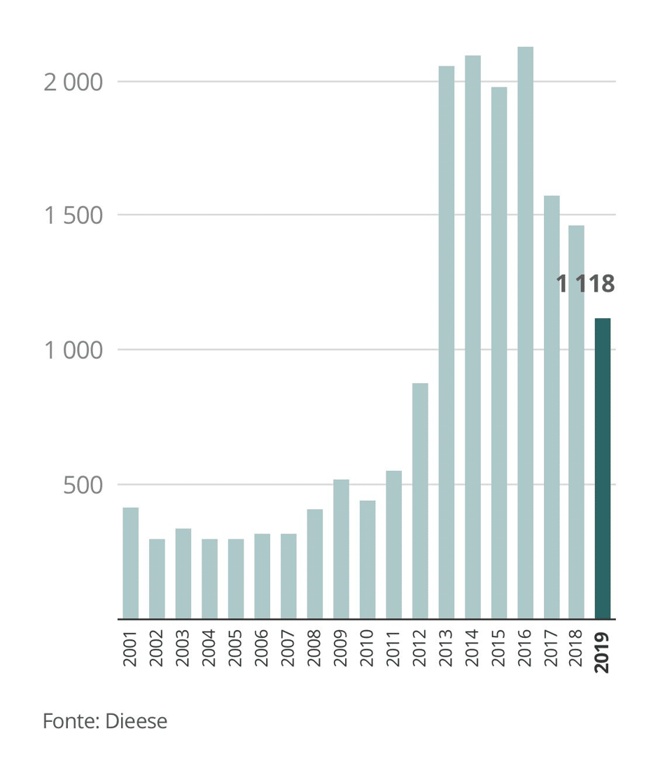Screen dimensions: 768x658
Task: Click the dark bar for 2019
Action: point(602,469)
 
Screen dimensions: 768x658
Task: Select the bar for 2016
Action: point(525,333)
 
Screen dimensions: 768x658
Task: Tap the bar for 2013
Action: point(447,343)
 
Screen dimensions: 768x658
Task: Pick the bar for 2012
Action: point(420,501)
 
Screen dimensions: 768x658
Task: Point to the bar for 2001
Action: point(131,563)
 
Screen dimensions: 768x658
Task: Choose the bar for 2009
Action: point(341,549)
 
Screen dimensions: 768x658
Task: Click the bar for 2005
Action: point(236,578)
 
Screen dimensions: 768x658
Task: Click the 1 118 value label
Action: point(585,284)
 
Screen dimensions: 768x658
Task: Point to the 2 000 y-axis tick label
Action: point(73,83)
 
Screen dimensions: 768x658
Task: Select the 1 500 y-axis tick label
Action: point(73,215)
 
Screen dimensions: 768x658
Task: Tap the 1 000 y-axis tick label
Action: point(73,350)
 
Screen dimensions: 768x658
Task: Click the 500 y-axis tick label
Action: point(83,485)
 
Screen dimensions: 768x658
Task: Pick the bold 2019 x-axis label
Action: point(602,653)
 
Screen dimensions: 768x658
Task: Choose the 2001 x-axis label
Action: point(131,649)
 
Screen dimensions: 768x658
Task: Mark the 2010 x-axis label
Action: point(367,649)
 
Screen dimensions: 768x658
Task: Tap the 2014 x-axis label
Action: point(472,649)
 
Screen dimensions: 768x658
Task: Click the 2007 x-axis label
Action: point(288,649)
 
